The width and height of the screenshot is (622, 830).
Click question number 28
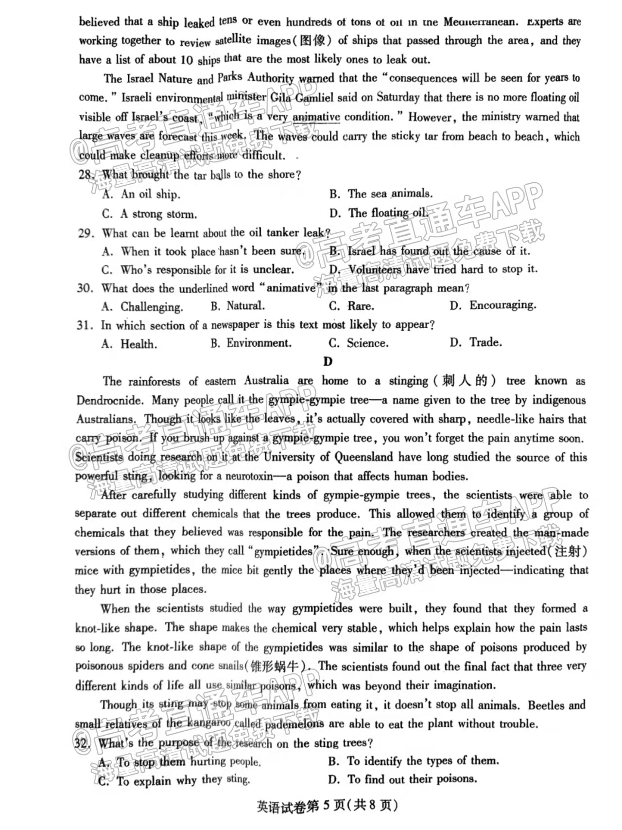click(86, 175)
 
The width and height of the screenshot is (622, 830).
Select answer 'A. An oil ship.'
click(141, 194)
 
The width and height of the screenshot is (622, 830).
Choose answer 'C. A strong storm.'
click(149, 214)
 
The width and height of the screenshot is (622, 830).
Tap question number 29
click(86, 233)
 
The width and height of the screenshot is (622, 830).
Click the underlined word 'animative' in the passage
click(316, 117)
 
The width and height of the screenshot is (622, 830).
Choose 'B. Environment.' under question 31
click(251, 343)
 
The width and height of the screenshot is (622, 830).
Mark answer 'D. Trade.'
click(476, 343)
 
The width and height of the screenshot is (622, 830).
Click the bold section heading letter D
click(328, 361)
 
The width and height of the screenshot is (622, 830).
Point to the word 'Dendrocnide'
click(110, 401)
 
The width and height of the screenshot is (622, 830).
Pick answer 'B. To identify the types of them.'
click(414, 761)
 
